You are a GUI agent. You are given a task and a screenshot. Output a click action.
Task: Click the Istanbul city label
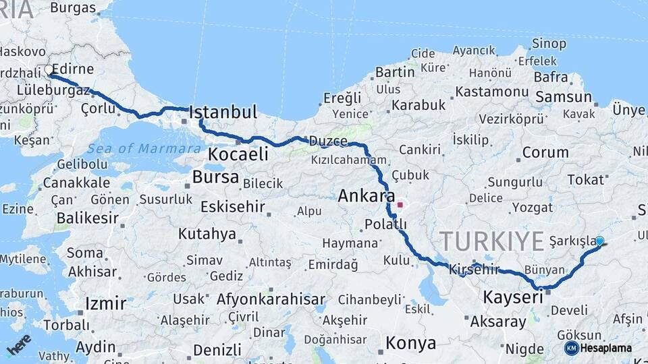(x=223, y=112)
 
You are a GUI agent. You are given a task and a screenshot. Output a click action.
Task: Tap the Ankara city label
(x=366, y=196)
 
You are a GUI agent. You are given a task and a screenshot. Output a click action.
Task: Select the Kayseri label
(x=513, y=297)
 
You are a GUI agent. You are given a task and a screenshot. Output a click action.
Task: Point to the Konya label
(x=410, y=344)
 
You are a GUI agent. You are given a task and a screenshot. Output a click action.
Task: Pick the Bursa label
(x=215, y=177)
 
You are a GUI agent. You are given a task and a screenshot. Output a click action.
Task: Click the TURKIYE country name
(x=491, y=241)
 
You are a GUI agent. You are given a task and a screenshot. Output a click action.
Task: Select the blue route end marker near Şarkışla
(x=599, y=241)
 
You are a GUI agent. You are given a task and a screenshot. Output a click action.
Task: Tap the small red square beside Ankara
(x=400, y=204)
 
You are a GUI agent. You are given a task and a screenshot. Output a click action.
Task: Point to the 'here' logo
(x=19, y=344)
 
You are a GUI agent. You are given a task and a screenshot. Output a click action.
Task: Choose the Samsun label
(x=563, y=97)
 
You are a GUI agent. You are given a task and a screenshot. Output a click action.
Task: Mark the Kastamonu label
(x=491, y=91)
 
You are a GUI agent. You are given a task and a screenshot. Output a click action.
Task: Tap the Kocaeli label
(x=238, y=154)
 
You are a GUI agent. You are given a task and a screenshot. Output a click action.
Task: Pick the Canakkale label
(x=76, y=183)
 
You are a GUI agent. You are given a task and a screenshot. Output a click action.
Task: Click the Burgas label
(x=73, y=8)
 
